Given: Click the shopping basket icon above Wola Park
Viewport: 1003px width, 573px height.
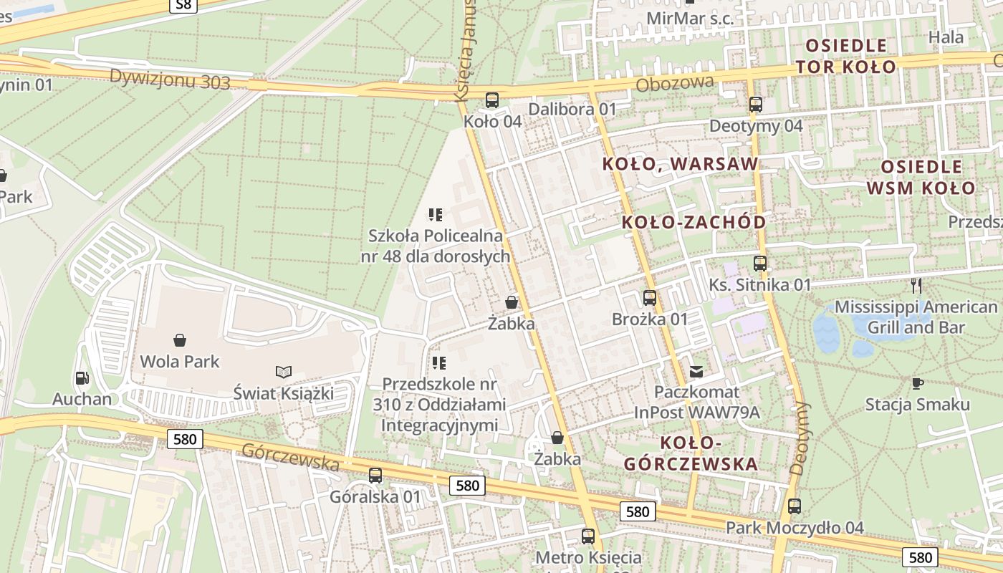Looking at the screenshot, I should click(180, 340).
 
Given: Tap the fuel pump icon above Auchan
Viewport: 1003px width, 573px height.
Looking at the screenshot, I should click(82, 378).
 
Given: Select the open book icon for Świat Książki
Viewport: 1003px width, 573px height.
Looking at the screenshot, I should click(284, 372).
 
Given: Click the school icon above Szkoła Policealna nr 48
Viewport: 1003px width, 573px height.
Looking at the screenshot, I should click(435, 214).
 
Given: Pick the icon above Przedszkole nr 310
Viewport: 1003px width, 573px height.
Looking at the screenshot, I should click(439, 363).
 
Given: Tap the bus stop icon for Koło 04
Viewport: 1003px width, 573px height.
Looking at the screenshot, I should click(491, 100).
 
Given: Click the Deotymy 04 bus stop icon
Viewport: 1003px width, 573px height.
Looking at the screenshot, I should click(755, 105).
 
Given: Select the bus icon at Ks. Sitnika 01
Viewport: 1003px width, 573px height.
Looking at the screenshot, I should click(759, 264).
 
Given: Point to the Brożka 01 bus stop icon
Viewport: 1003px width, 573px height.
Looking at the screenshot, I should click(649, 298).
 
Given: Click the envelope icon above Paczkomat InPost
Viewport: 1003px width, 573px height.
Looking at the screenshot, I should click(696, 371).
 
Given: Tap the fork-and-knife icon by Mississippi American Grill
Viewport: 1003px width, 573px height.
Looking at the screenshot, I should click(916, 286).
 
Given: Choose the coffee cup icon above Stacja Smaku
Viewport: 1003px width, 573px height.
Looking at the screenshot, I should click(917, 383).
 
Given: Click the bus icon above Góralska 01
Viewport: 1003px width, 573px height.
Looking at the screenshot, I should click(375, 475).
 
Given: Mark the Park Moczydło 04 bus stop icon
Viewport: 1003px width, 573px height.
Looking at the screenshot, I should click(794, 506).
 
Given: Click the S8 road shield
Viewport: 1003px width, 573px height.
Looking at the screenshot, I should click(184, 6).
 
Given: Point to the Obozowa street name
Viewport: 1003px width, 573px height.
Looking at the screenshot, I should click(675, 84).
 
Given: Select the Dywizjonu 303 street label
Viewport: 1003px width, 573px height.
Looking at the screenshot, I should click(170, 79).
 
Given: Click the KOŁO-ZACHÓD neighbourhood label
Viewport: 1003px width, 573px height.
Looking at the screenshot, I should click(694, 222).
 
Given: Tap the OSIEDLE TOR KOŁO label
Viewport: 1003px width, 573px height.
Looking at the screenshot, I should click(845, 57).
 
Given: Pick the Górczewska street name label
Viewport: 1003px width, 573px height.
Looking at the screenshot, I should click(290, 457).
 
